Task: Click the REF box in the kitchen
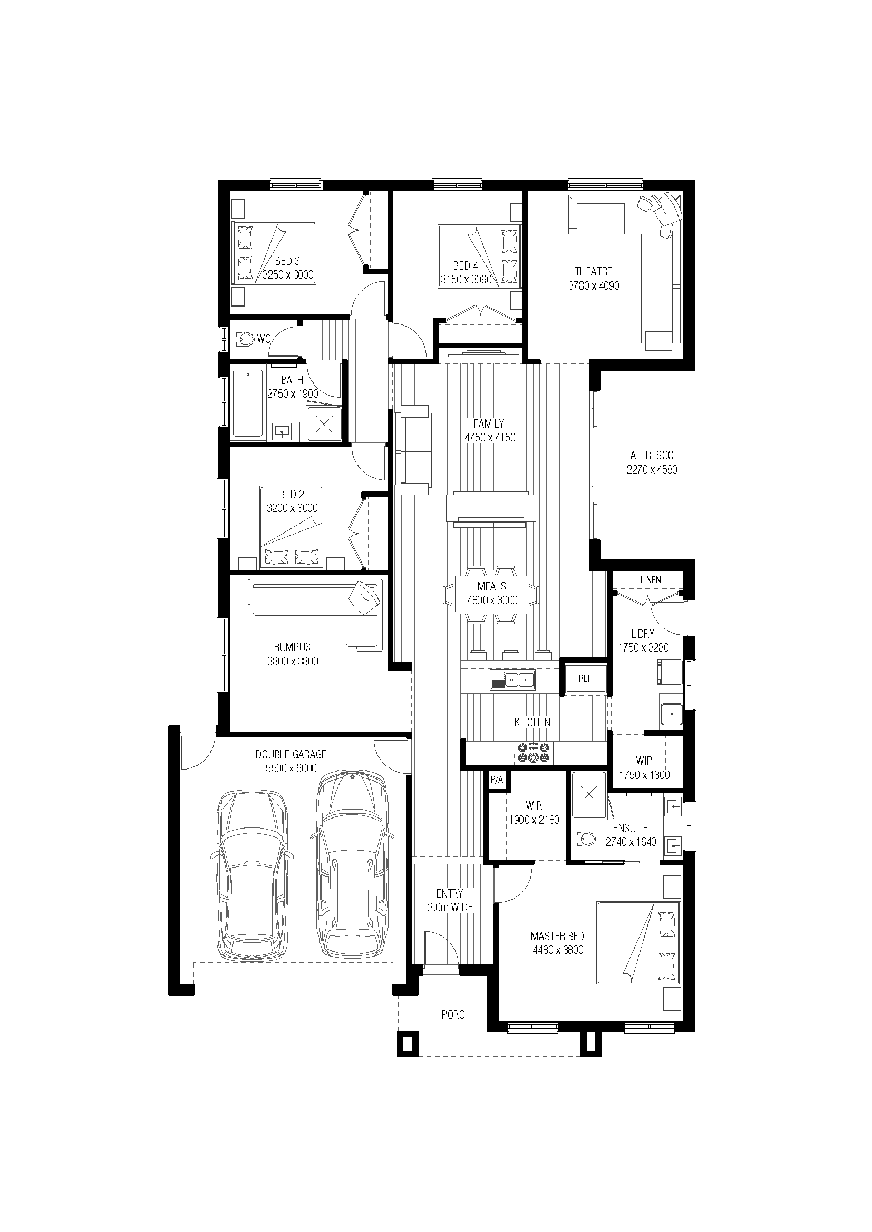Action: pos(585,678)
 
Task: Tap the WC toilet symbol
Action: pos(242,339)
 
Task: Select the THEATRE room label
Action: pos(593,271)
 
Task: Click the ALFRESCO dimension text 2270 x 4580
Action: pos(652,469)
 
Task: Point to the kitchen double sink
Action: pos(512,681)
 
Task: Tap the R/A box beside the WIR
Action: pos(497,780)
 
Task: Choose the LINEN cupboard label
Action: pos(650,580)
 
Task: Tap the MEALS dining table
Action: pos(491,594)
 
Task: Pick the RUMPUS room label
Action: pos(292,647)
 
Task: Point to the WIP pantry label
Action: pos(644,761)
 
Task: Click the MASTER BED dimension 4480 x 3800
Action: pos(558,950)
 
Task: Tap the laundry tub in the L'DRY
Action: pos(671,713)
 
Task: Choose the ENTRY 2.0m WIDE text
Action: pos(449,900)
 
